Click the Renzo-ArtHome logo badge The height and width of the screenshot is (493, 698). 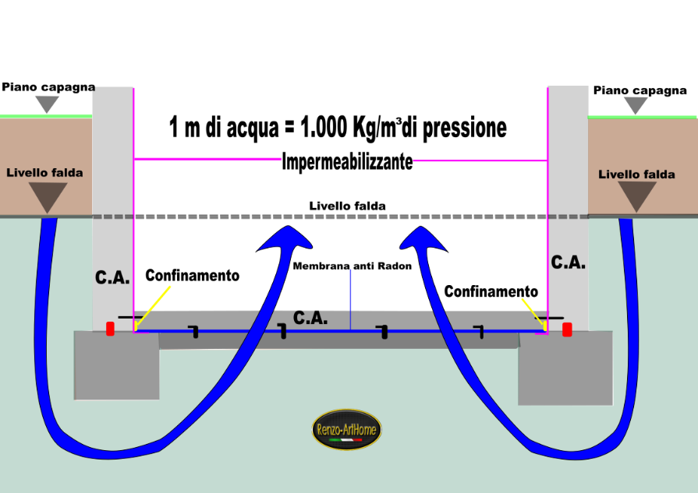(x=346, y=429)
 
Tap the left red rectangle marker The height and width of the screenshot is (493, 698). (x=110, y=329)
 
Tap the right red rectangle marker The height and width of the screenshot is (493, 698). (x=567, y=330)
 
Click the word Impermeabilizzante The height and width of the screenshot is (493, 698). (x=347, y=162)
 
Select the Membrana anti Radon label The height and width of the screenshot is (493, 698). (x=352, y=266)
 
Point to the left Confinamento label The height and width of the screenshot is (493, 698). (x=193, y=276)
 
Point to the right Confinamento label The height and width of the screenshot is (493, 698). (x=491, y=291)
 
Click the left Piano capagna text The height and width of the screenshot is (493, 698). (x=48, y=87)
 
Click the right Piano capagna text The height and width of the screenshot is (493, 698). (x=640, y=90)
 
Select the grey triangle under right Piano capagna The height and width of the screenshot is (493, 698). (x=636, y=105)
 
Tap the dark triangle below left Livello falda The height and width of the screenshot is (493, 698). (x=48, y=195)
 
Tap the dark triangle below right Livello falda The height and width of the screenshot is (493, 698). (x=637, y=195)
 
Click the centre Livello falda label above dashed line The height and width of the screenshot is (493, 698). (x=347, y=206)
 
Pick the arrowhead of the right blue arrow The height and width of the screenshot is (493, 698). (x=423, y=240)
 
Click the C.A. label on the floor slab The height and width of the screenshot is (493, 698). (x=310, y=318)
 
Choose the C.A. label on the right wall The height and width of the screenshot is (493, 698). (x=568, y=262)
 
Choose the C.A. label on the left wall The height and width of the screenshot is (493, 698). (x=112, y=277)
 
